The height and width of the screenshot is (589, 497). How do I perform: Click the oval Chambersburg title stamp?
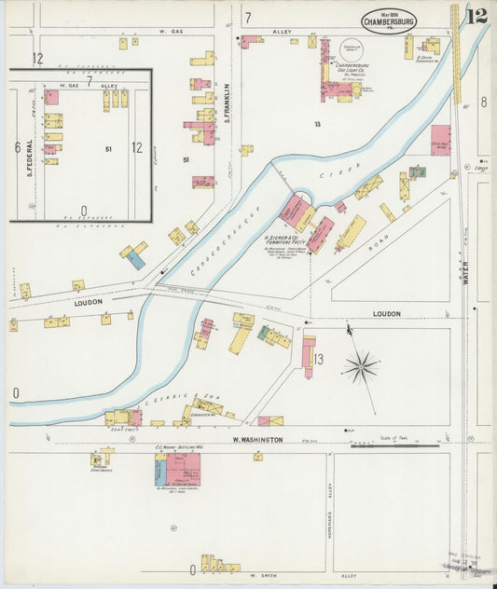(389, 21)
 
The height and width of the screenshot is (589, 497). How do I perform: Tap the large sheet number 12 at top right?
(476, 16)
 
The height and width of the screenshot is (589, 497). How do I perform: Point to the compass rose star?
(361, 366)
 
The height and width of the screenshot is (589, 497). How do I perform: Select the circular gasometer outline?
(352, 51)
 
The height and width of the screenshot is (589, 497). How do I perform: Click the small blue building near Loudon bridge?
(136, 260)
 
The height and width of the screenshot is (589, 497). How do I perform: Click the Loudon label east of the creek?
(386, 314)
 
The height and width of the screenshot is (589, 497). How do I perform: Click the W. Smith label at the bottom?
(266, 576)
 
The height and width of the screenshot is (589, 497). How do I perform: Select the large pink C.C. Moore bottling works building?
(184, 468)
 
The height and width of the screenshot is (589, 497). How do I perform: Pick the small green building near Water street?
(417, 171)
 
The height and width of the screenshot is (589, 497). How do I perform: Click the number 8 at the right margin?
(483, 102)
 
